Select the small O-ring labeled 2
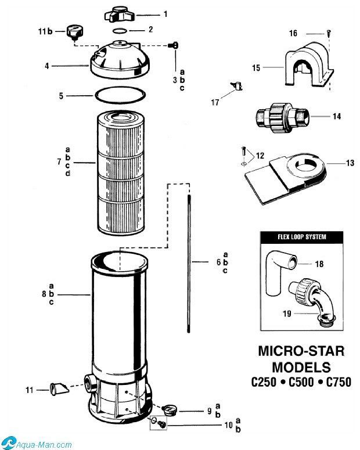120,31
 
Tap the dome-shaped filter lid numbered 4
120,59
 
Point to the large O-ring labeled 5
120,95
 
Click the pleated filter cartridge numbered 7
121,172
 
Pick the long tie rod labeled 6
189,264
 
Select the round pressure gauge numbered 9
170,409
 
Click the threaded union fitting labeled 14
282,117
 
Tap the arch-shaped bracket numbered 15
309,64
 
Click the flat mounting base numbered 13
286,178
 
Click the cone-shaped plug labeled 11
59,389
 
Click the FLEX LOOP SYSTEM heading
302,237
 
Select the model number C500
301,382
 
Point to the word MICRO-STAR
301,351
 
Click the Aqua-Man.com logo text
44,445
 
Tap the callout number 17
215,102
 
